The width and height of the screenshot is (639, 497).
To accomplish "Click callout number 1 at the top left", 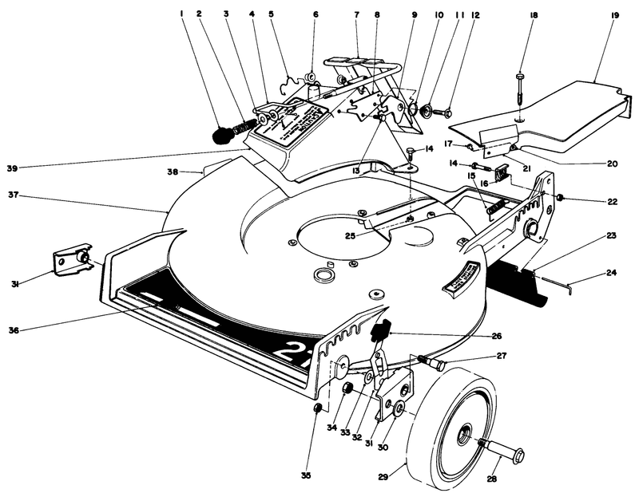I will (183, 14).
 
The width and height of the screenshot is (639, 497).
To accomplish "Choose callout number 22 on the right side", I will (612, 202).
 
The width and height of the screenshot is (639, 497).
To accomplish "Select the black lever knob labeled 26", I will (382, 327).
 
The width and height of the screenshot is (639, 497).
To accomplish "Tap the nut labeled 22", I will (562, 197).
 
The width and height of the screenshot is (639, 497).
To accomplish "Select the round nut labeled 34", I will (348, 388).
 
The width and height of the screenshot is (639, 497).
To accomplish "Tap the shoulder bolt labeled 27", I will (435, 364).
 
